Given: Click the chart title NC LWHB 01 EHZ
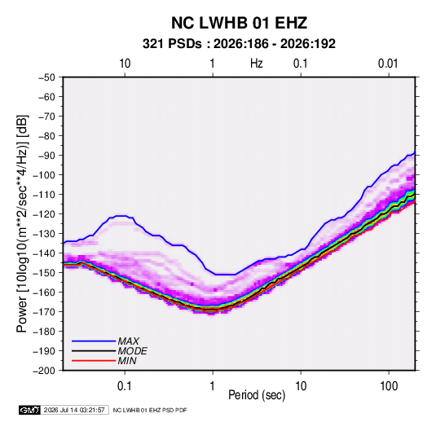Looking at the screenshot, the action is (239, 23).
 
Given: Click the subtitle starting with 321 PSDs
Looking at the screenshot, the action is (239, 44).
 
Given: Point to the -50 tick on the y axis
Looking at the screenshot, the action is (47, 77).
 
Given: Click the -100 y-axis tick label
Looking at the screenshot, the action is (44, 175).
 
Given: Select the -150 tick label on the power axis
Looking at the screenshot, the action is (44, 273).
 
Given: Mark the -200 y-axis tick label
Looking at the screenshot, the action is (44, 371).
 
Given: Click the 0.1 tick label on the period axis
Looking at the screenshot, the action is (125, 386).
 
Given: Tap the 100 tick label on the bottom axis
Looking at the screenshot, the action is (389, 386).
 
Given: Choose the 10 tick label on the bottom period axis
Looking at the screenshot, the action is (301, 386).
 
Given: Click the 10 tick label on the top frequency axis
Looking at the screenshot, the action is (125, 64).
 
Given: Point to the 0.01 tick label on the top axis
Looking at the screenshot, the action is (388, 64).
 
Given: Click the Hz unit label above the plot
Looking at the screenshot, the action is (257, 64).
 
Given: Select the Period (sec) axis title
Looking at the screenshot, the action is (257, 395).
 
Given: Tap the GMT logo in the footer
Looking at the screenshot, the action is (30, 410).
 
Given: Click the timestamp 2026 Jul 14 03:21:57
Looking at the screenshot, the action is (74, 410).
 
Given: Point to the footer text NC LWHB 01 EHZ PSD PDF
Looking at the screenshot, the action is (150, 410).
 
